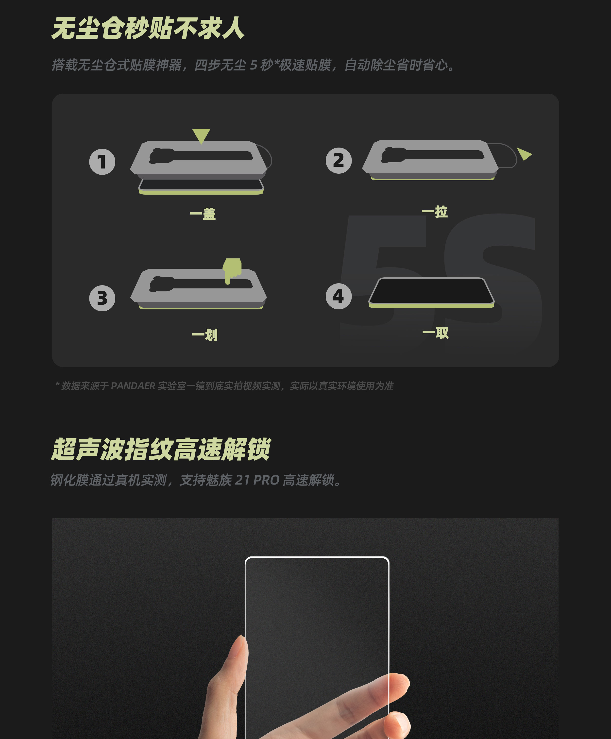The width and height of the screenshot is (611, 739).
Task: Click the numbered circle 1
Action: [x=102, y=162]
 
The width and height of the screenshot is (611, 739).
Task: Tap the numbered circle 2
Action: [x=339, y=160]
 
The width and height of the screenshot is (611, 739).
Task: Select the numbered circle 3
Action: [x=102, y=298]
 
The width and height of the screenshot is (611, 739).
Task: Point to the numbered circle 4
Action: [x=339, y=296]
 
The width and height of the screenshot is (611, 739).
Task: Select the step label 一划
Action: [x=205, y=335]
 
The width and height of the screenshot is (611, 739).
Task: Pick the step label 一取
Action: [x=436, y=333]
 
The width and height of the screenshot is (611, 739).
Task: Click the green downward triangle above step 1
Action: [x=201, y=135]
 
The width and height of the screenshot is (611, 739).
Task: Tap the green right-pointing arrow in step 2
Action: [x=524, y=154]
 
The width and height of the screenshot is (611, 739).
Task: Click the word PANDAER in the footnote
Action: [x=133, y=386]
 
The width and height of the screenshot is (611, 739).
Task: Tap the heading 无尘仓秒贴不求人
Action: [x=148, y=28]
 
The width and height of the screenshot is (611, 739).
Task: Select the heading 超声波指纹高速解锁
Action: [x=161, y=449]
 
